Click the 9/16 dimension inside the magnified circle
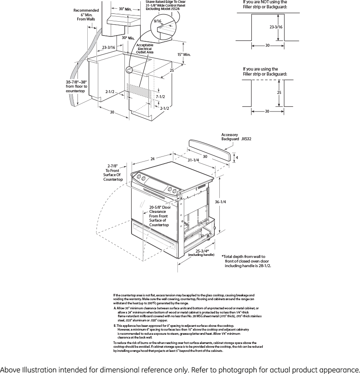coord(157,20)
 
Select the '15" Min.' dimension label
coord(184,54)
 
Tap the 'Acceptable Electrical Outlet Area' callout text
coord(145,48)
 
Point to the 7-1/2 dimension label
coord(160,97)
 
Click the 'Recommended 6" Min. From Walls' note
coord(86,15)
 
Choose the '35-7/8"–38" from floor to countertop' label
coord(76,86)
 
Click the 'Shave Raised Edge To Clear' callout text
coord(165,2)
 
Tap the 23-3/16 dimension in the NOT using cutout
coord(276,27)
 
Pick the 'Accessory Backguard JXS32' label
coord(236,136)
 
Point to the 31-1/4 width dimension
coord(193,160)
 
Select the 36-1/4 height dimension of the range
coord(220,202)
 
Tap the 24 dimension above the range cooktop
coord(152,159)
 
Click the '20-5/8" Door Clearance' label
coord(160,216)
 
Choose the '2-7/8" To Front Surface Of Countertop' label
coord(113,172)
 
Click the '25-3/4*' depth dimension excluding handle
coord(202,251)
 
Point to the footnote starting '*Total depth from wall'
coord(245,261)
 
